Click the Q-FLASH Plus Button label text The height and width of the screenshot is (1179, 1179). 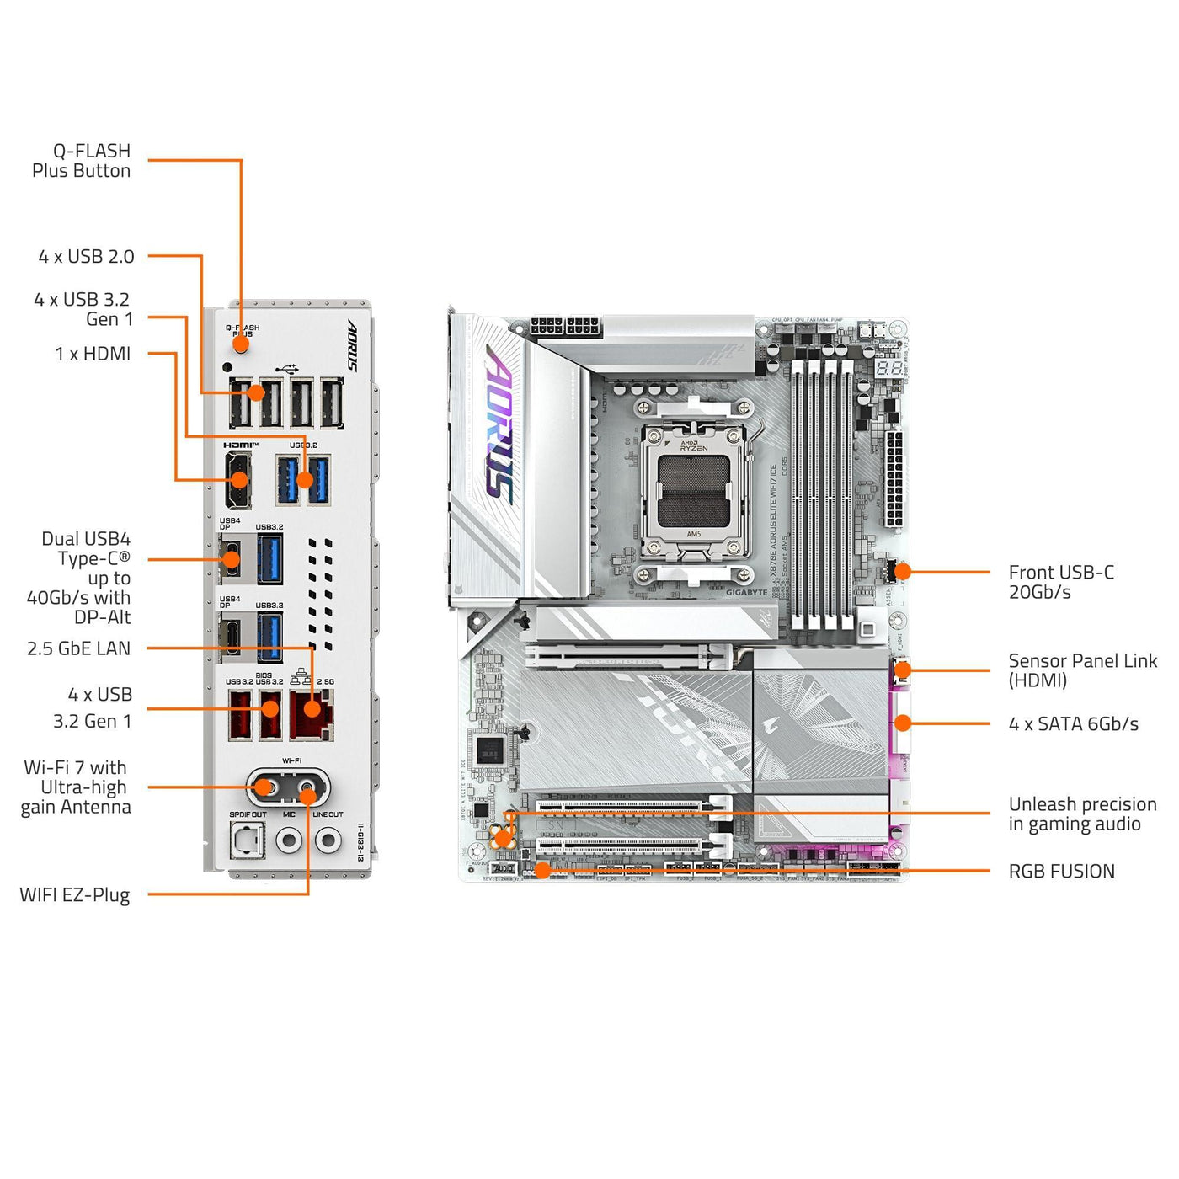[82, 161]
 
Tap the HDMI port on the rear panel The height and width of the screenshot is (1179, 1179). [237, 480]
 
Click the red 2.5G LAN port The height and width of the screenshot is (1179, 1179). [312, 714]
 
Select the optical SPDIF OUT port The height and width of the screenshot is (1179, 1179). [248, 840]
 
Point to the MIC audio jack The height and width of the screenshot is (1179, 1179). [289, 840]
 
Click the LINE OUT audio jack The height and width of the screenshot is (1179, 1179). [328, 840]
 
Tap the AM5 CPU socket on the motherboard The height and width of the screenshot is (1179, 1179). [693, 492]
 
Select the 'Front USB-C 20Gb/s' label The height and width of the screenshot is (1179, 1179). [1061, 582]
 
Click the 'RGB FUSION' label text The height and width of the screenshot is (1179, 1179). [1061, 872]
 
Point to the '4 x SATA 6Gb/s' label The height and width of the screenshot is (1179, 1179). [1073, 724]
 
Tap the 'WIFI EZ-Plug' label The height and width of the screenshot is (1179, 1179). [75, 894]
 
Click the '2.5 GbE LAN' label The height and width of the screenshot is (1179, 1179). [78, 648]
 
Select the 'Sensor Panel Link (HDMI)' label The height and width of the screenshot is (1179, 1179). [1082, 670]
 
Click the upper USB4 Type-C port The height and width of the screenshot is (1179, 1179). [230, 558]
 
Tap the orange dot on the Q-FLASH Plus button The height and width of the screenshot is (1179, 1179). [242, 344]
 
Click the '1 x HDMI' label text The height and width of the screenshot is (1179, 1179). [93, 354]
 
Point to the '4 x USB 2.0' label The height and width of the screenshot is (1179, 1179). [86, 257]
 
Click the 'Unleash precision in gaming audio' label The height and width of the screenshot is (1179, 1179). [1082, 814]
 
